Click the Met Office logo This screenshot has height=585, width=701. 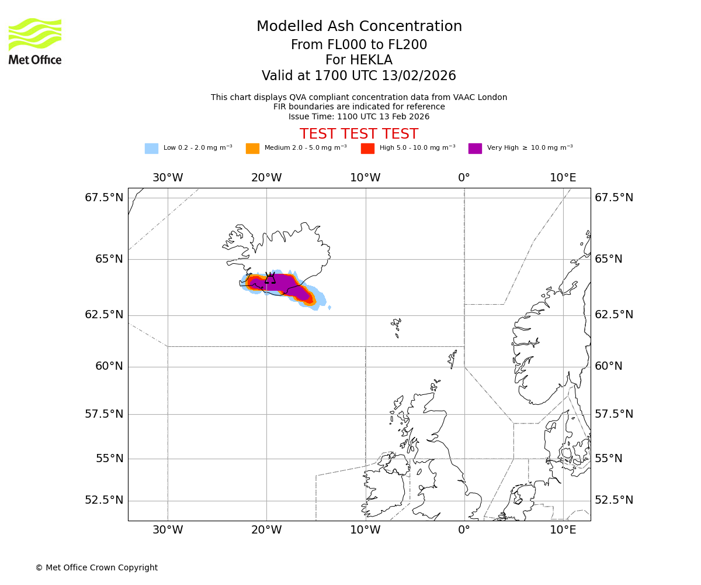click(x=35, y=41)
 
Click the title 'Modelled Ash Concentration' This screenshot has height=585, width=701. click(x=359, y=27)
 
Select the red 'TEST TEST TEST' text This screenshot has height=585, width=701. click(x=359, y=135)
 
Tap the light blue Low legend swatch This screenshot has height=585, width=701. click(x=151, y=149)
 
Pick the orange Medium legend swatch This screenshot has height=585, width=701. click(x=252, y=149)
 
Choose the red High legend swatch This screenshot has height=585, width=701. click(x=367, y=149)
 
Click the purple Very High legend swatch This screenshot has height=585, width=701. click(x=475, y=149)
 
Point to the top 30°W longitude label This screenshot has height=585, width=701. click(x=168, y=178)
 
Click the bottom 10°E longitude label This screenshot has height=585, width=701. click(x=563, y=531)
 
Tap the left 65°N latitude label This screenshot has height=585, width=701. click(x=109, y=259)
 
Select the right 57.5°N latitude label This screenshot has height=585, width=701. click(x=613, y=414)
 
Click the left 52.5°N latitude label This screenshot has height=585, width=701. click(x=105, y=500)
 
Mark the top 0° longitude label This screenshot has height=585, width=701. click(x=464, y=178)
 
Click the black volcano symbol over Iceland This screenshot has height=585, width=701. click(x=270, y=278)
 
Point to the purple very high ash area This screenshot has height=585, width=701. click(x=283, y=283)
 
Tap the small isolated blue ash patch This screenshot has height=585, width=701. click(x=329, y=308)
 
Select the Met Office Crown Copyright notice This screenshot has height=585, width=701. click(x=96, y=568)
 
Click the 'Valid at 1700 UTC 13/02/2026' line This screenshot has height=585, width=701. click(x=359, y=76)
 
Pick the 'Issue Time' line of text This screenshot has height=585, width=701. click(x=359, y=117)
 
